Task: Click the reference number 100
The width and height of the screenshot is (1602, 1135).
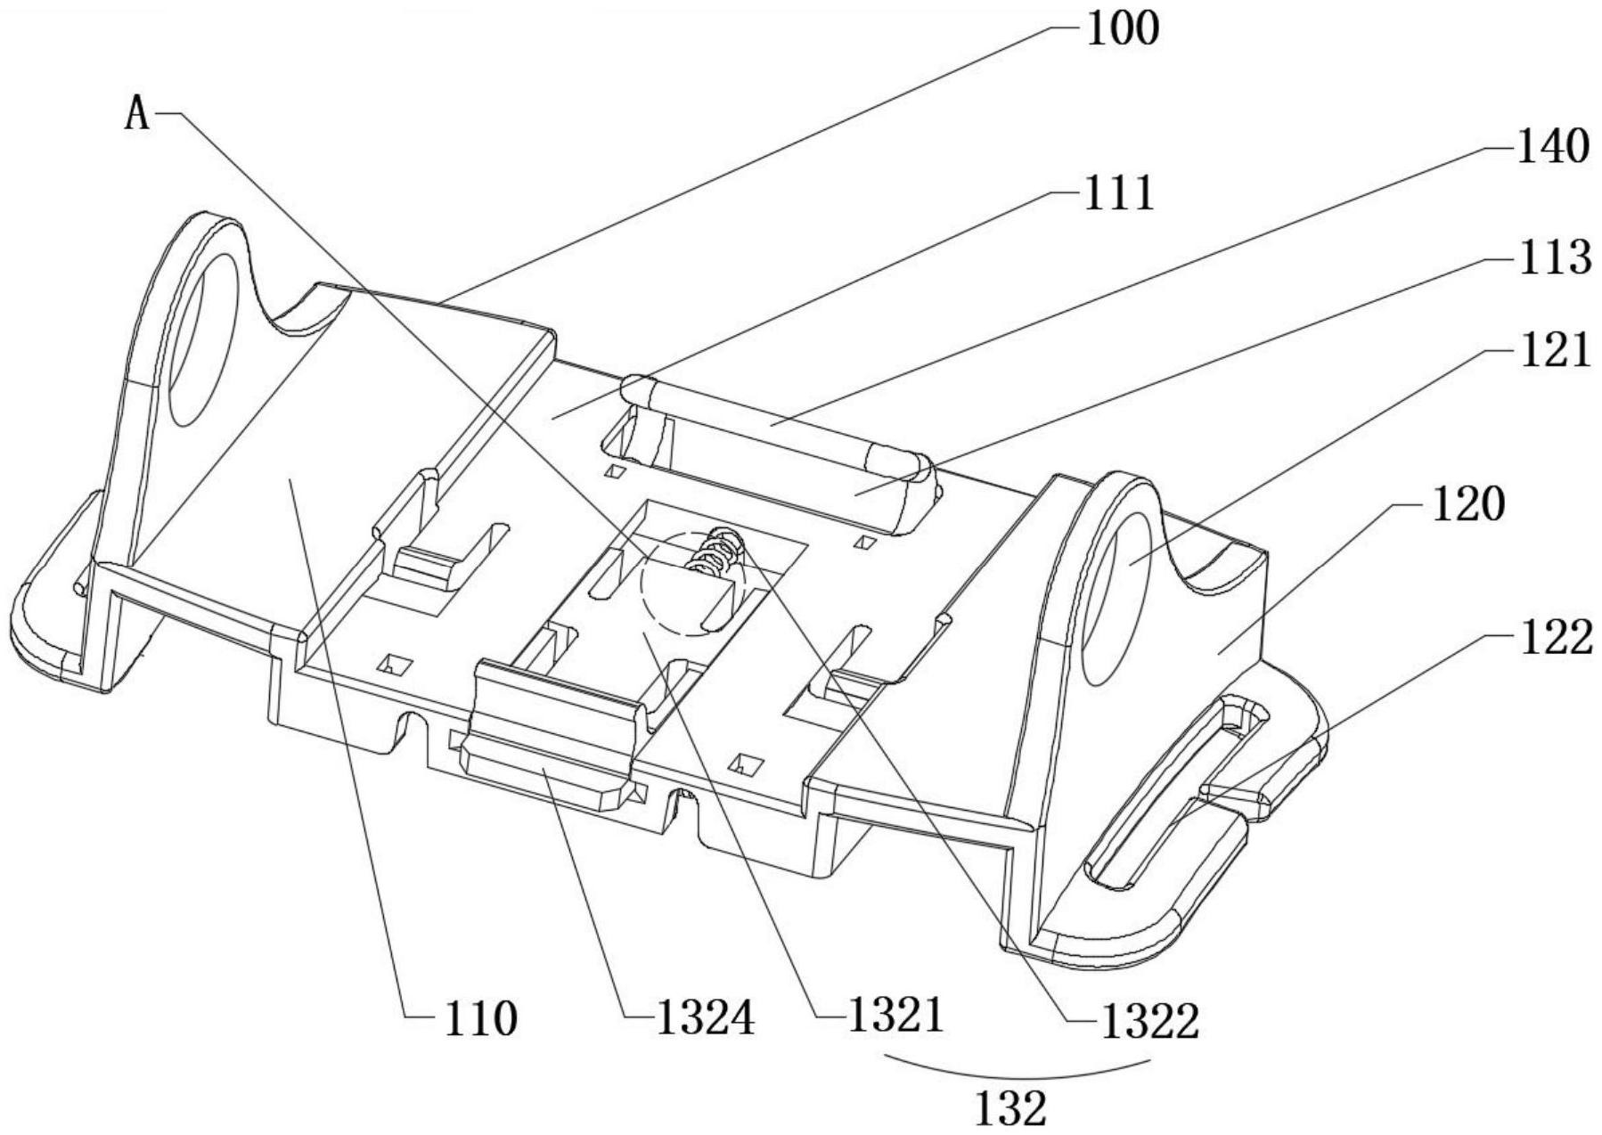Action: pos(1122,29)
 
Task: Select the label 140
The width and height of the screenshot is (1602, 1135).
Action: pos(1552,146)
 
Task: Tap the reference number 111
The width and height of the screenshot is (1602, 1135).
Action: pos(1118,192)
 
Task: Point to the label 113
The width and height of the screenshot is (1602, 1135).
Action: pos(1554,258)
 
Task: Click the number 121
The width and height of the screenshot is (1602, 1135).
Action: pos(1554,350)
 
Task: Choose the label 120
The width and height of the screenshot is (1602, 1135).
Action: pos(1467,505)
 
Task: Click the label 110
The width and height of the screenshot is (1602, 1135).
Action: pos(480,1018)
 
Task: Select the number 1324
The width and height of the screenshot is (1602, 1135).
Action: pos(705,1018)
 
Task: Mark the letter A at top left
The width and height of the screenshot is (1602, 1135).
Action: pos(137,115)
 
